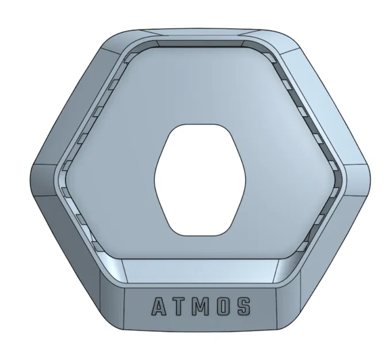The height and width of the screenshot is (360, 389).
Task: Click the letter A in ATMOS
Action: tap(158, 306)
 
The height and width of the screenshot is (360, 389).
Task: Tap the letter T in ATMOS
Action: tap(179, 306)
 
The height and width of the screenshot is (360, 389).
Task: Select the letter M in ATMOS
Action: tap(200, 306)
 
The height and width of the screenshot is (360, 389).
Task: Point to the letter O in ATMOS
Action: tap(222, 306)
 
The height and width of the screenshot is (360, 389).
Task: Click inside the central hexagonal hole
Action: tap(200, 179)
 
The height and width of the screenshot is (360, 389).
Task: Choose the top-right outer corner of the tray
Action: tap(288, 38)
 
